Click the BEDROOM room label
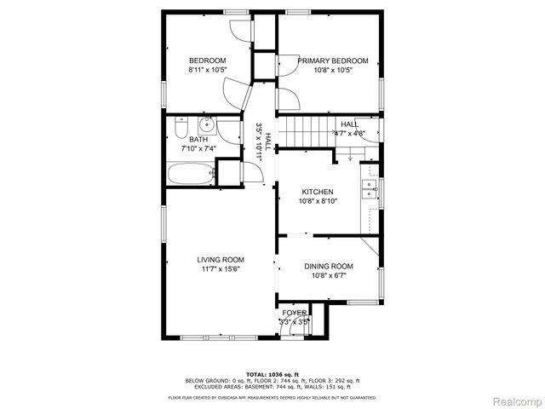tap(207, 60)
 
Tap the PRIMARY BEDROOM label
tap(332, 60)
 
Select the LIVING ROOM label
tap(221, 260)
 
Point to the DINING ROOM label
tap(329, 266)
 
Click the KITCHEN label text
tap(316, 193)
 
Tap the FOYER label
tap(295, 313)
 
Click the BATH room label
tap(198, 140)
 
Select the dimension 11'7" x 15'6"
tap(221, 269)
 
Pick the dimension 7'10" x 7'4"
tap(198, 149)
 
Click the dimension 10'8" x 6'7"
tap(329, 275)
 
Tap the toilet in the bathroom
tap(179, 129)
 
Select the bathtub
tap(188, 176)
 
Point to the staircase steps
tap(306, 132)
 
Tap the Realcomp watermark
tap(514, 400)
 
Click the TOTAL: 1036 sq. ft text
tap(272, 374)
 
